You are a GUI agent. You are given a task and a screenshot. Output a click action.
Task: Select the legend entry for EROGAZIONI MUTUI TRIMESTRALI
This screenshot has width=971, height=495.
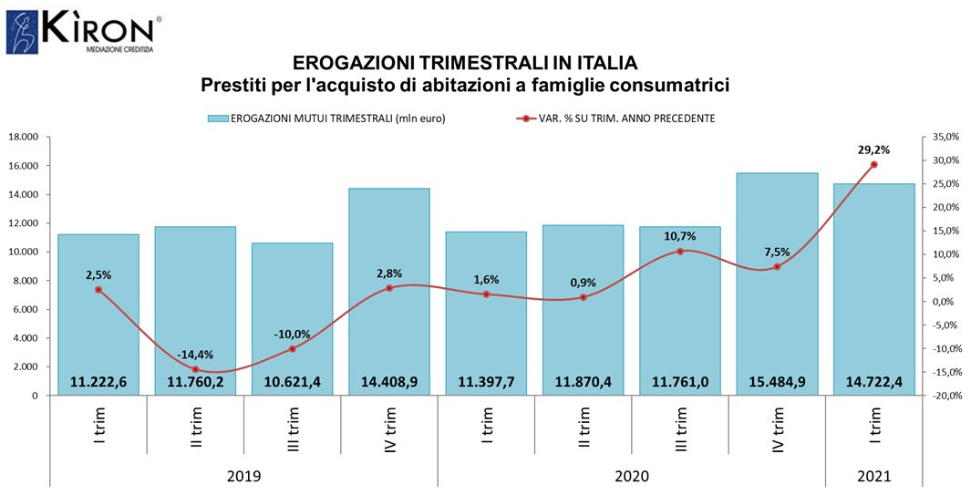click(x=325, y=119)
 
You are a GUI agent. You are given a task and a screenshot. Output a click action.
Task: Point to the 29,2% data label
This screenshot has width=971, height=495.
click(x=873, y=150)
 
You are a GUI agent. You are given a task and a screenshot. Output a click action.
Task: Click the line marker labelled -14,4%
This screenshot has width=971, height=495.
click(x=195, y=369)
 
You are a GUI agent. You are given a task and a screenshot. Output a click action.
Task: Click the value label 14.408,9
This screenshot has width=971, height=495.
click(x=389, y=382)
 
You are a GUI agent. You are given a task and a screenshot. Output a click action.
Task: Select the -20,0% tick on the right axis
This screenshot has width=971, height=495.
click(x=945, y=396)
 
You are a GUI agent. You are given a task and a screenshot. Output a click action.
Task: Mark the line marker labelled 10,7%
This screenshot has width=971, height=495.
click(x=680, y=252)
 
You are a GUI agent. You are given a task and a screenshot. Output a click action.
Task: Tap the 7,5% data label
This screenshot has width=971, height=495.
click(x=777, y=252)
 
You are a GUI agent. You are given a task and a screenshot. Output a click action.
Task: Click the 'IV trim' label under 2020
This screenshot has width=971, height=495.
click(x=779, y=430)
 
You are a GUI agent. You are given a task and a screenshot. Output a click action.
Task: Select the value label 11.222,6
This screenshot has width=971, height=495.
click(x=98, y=382)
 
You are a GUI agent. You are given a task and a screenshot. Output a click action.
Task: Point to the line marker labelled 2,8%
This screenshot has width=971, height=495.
click(x=389, y=288)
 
